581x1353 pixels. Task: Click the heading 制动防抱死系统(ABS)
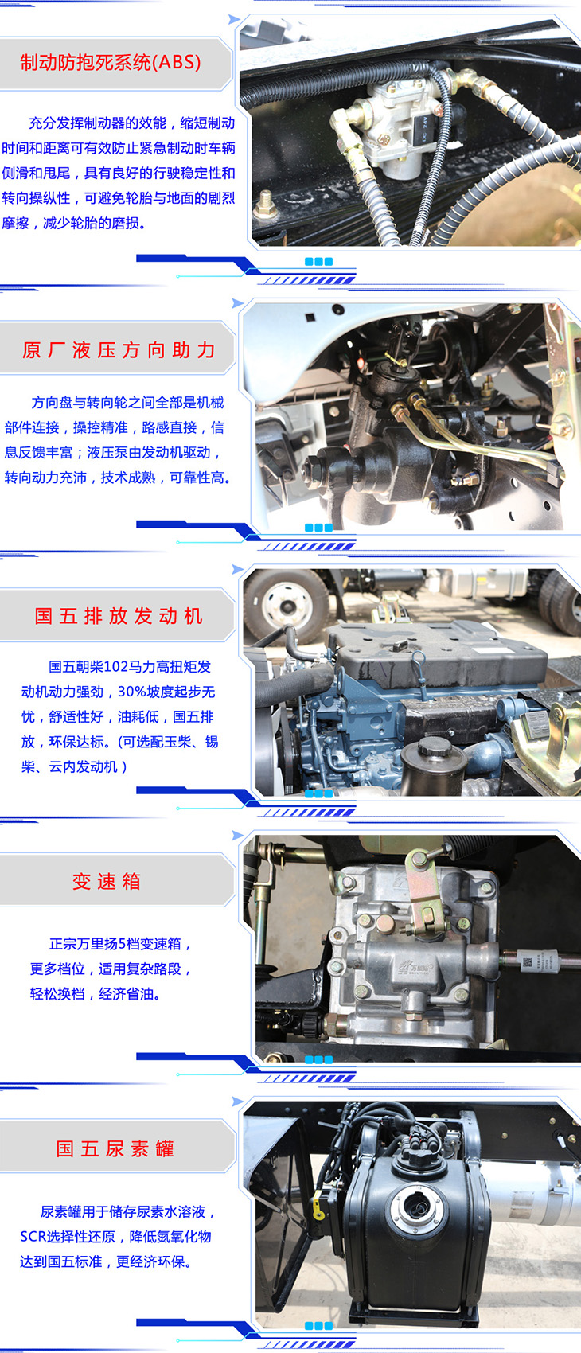[x=111, y=62]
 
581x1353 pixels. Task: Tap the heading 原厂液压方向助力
[x=119, y=350]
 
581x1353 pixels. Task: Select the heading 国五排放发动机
[x=119, y=616]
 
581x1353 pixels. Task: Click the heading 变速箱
[x=107, y=882]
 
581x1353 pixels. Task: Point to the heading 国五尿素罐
[x=115, y=1148]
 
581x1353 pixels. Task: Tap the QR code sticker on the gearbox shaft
[x=527, y=961]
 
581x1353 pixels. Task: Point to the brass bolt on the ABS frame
[x=265, y=205]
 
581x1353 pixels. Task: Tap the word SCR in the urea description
[x=33, y=1237]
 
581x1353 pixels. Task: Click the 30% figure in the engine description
[x=131, y=692]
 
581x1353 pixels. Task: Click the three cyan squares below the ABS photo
[x=319, y=262]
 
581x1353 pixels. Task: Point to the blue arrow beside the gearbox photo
[x=237, y=836]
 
